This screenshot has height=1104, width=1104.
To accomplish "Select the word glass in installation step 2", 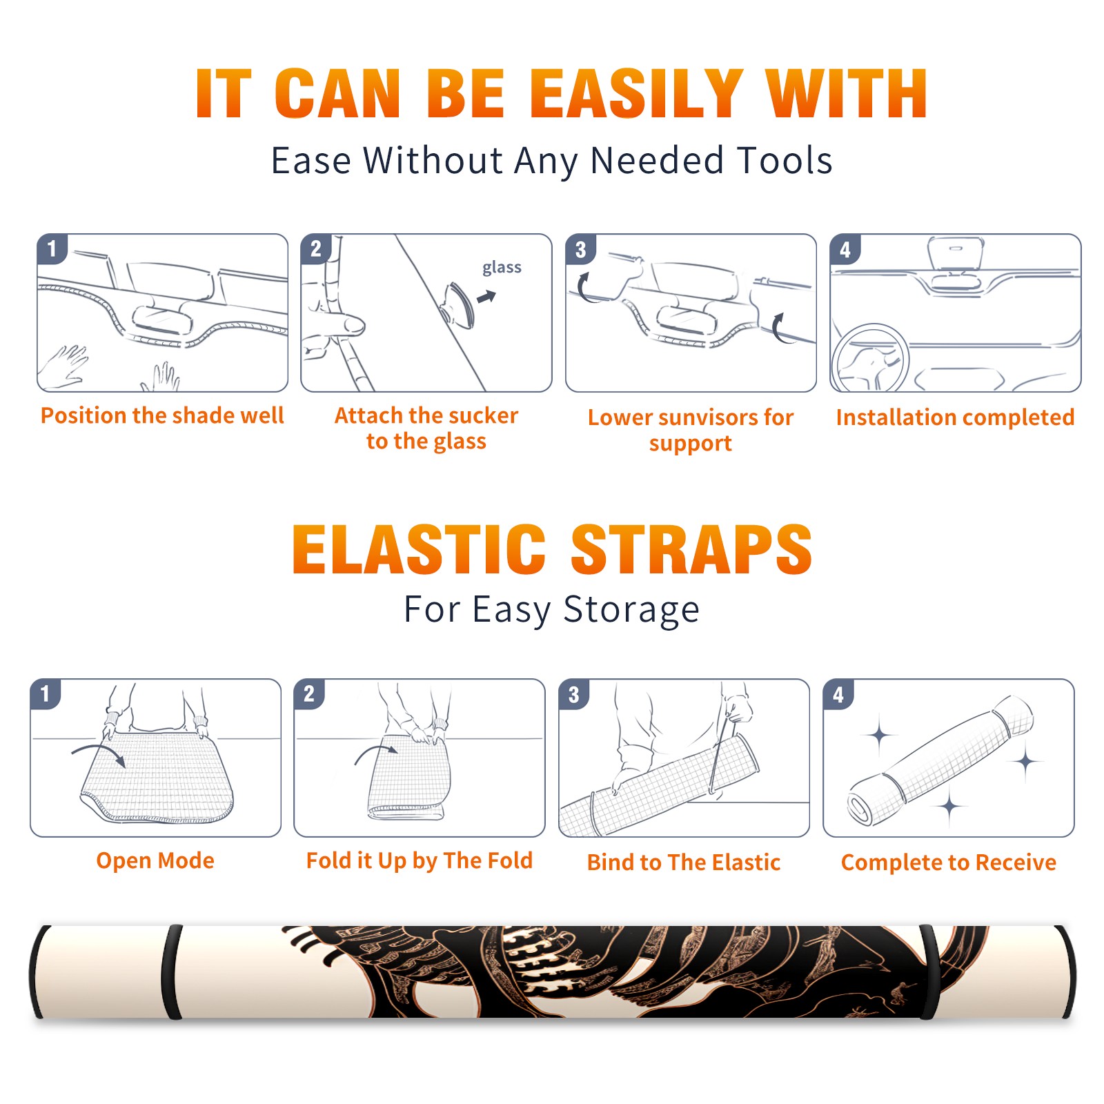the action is click(x=502, y=267).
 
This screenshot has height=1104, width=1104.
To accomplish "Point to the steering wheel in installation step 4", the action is click(x=870, y=357).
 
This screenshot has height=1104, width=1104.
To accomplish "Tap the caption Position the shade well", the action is click(x=162, y=415).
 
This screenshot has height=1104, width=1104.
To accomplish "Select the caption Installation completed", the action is click(x=955, y=417).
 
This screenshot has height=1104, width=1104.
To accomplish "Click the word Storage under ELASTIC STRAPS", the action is click(x=631, y=610).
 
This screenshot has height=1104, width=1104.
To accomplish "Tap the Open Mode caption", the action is click(x=155, y=860).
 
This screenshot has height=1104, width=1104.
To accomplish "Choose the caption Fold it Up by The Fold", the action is click(x=420, y=860).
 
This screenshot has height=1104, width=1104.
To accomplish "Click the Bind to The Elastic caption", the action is click(x=684, y=862).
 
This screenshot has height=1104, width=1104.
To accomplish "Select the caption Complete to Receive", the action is click(x=949, y=862).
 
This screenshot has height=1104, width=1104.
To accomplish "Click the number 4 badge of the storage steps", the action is click(x=838, y=694).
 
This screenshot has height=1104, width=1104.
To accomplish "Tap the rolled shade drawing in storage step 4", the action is click(x=940, y=760).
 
